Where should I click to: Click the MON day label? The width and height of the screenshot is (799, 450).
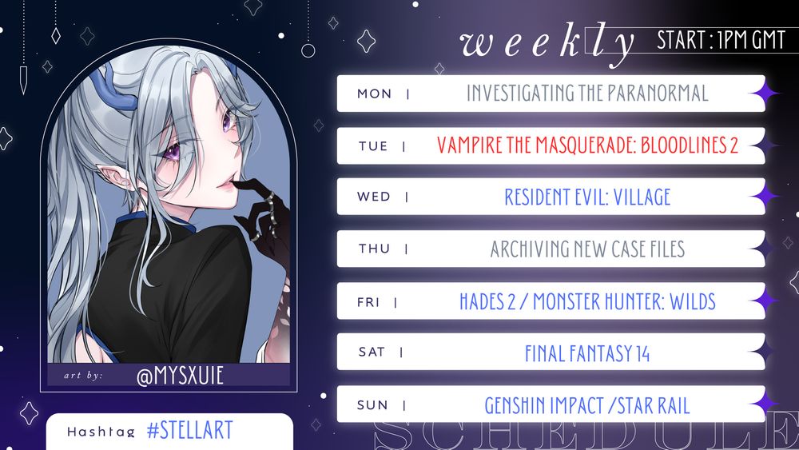[x=374, y=94]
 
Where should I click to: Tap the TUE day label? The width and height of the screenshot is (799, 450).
[x=373, y=146]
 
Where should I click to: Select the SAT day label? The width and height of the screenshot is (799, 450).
[x=372, y=352]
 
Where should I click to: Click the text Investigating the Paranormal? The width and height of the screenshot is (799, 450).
[x=587, y=94]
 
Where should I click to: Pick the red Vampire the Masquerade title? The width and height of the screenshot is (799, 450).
[x=587, y=145]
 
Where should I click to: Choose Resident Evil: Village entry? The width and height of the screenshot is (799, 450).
[x=587, y=197]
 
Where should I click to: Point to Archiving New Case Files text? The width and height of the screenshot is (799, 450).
[x=587, y=249]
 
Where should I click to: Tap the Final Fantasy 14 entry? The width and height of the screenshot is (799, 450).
[x=587, y=352]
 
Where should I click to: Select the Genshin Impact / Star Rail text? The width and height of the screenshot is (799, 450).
[x=587, y=405]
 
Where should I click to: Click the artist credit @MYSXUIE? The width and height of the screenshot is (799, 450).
[x=180, y=375]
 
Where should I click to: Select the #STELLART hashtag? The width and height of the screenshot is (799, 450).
[x=190, y=431]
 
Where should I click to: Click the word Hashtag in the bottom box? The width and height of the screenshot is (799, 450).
[x=101, y=432]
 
